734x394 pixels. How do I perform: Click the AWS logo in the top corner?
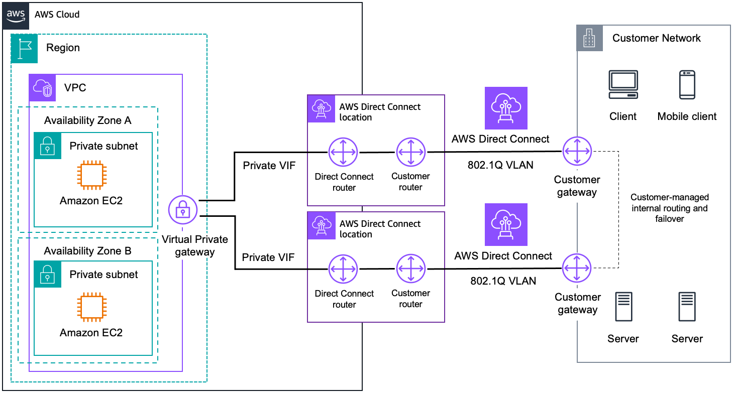[16, 15]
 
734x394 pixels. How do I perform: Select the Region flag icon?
[25, 49]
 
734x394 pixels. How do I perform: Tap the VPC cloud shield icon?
[42, 88]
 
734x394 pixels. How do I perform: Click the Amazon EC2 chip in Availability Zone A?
[91, 176]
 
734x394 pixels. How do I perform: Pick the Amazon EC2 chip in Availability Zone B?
[91, 307]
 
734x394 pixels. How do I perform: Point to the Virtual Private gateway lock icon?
[183, 209]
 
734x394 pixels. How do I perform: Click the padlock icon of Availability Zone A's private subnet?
[47, 146]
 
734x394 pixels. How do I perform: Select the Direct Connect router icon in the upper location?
[343, 152]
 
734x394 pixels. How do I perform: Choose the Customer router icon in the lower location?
[410, 269]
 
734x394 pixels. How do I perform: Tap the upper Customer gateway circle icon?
[577, 151]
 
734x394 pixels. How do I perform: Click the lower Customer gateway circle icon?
[577, 269]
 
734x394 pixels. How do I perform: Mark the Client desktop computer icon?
[623, 85]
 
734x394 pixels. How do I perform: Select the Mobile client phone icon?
[687, 85]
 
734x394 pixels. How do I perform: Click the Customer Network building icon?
[589, 38]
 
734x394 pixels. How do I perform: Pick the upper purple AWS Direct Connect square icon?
[506, 108]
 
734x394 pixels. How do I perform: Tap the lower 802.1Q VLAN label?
[503, 281]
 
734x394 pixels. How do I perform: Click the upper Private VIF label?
[266, 166]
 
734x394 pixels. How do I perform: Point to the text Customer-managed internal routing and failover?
[669, 208]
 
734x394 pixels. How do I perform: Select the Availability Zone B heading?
[87, 250]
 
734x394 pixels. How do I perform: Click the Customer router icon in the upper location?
[410, 152]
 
